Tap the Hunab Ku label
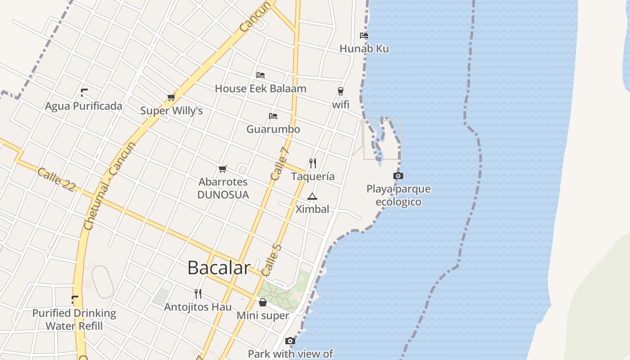pyautogui.click(x=364, y=49)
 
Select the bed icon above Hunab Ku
pyautogui.click(x=364, y=36)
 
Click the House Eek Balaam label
pyautogui.click(x=261, y=89)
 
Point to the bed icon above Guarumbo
pyautogui.click(x=273, y=116)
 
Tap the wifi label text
pyautogui.click(x=341, y=104)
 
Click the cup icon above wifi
pyautogui.click(x=341, y=91)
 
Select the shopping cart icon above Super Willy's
pyautogui.click(x=171, y=97)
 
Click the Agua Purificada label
pyautogui.click(x=84, y=106)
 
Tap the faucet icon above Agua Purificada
pyautogui.click(x=84, y=93)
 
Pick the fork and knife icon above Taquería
pyautogui.click(x=313, y=163)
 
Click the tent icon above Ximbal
pyautogui.click(x=312, y=196)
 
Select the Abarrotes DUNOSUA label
pyautogui.click(x=223, y=188)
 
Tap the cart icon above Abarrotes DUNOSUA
pyautogui.click(x=222, y=169)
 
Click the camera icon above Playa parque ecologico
pyautogui.click(x=398, y=175)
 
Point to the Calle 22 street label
pyautogui.click(x=56, y=180)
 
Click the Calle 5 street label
pyautogui.click(x=271, y=260)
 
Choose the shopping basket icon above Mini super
pyautogui.click(x=263, y=302)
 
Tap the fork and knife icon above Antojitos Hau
pyautogui.click(x=198, y=294)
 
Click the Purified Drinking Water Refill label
pyautogui.click(x=74, y=319)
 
